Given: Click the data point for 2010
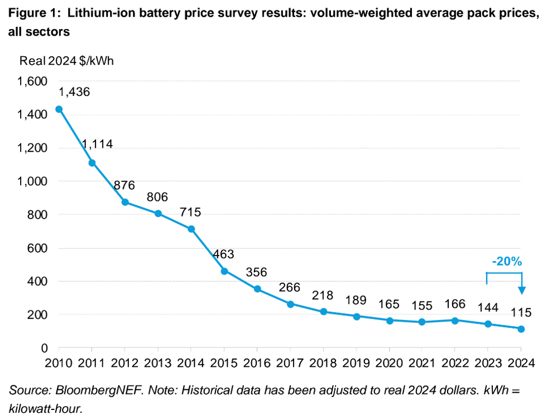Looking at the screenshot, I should [x=59, y=109].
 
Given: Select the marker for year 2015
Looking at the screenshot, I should [x=224, y=271].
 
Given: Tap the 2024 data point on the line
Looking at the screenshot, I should [x=521, y=329].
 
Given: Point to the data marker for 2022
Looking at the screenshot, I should [x=455, y=321].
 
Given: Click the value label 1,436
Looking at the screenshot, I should [x=75, y=92].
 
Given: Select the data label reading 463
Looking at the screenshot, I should [x=224, y=254].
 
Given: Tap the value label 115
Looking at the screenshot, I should [x=521, y=312].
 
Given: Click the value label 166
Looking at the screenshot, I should [x=455, y=304].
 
